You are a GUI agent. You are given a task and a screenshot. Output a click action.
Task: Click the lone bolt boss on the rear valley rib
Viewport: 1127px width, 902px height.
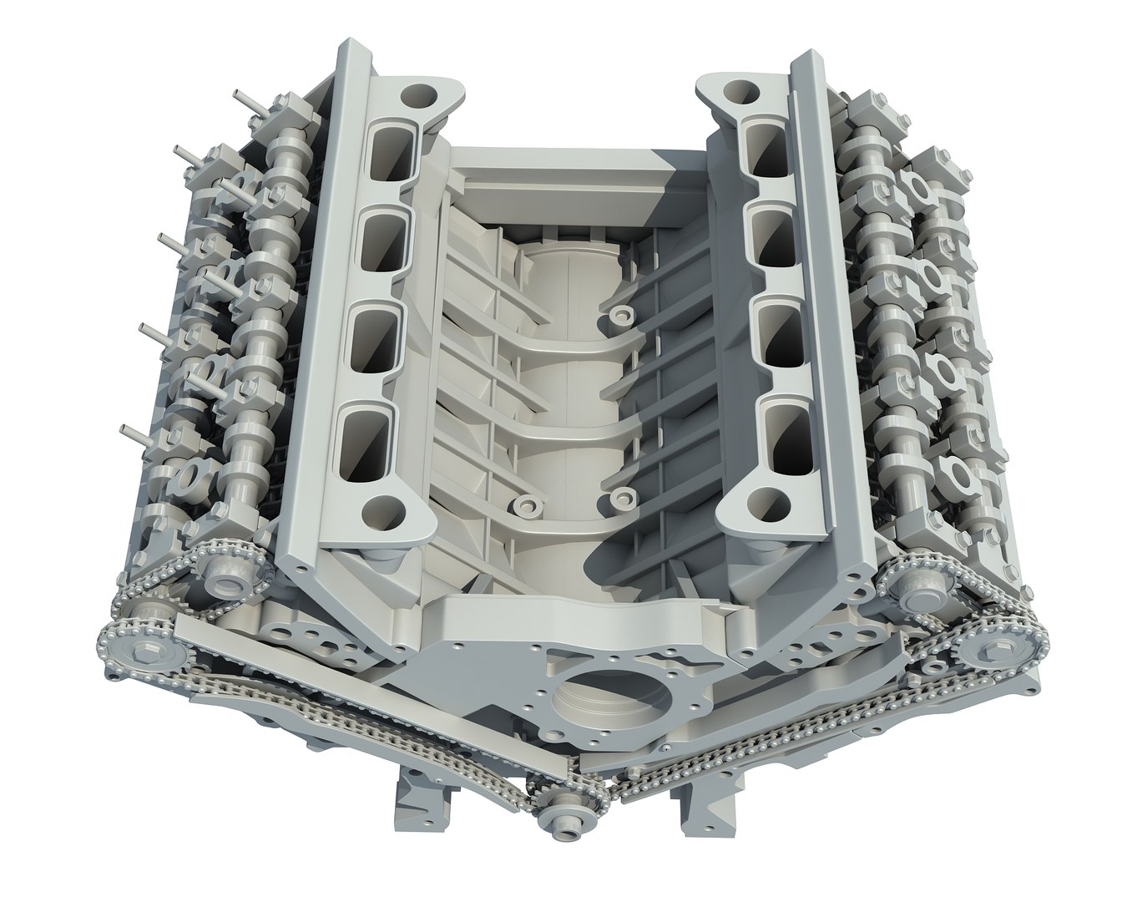[619, 316]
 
